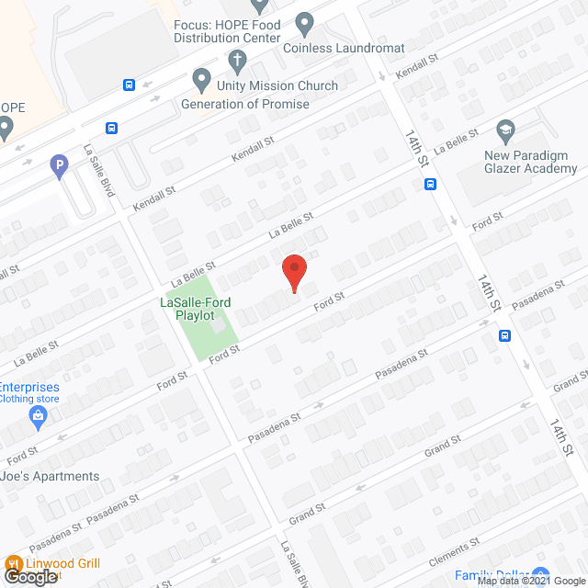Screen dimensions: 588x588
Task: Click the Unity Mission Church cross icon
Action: [x=237, y=62]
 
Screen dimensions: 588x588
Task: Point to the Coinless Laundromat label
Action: [x=344, y=48]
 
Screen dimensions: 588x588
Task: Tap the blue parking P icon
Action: [x=59, y=165]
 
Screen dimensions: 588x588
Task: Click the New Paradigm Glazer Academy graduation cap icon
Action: [x=505, y=129]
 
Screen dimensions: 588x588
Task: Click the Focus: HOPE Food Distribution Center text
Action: [x=227, y=31]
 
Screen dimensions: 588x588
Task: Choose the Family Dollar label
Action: [x=496, y=576]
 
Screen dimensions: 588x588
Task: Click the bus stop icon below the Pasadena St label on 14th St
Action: [x=504, y=335]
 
